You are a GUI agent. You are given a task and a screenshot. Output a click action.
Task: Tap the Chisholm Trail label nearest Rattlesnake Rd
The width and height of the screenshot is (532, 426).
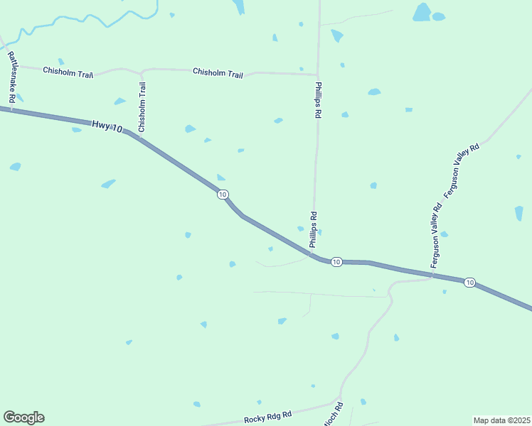click(x=68, y=72)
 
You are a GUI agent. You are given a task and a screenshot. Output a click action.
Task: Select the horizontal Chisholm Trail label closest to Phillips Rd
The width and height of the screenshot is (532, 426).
click(x=218, y=72)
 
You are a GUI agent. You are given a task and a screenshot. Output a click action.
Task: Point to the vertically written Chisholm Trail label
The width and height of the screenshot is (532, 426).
click(x=142, y=107)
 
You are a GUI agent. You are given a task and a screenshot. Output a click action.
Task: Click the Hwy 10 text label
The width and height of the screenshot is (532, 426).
click(x=107, y=126)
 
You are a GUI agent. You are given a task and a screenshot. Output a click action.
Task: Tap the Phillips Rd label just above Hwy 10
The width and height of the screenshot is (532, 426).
click(x=313, y=229)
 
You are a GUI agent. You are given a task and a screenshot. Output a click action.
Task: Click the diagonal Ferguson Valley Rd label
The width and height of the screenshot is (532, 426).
click(x=462, y=170)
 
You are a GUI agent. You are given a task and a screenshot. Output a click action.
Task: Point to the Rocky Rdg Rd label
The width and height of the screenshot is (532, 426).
click(x=268, y=418)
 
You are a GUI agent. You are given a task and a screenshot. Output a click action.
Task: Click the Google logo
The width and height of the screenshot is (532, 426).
click(x=23, y=417)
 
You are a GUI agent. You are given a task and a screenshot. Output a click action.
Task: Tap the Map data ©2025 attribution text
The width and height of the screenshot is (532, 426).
click(x=502, y=420)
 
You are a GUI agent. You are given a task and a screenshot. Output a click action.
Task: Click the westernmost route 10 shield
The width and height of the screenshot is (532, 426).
click(x=223, y=195)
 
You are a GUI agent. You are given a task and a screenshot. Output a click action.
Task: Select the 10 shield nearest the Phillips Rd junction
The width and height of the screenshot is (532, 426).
click(x=337, y=262)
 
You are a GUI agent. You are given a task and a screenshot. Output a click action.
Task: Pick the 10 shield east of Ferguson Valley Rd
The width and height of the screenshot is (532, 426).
click(x=469, y=283)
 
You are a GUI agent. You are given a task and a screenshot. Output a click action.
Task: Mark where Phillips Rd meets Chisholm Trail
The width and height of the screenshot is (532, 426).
click(x=317, y=75)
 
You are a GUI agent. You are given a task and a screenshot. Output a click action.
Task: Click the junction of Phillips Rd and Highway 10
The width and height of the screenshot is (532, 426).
click(x=312, y=253)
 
